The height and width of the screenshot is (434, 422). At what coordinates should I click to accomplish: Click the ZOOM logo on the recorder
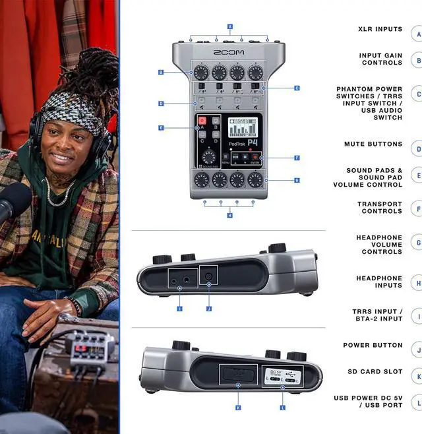228,52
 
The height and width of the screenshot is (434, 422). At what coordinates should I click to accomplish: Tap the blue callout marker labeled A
229,27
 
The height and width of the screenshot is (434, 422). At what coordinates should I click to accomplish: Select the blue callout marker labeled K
237,408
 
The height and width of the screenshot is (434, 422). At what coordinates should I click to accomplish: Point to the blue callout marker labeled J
208,307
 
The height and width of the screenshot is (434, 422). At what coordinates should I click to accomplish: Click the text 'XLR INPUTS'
380,30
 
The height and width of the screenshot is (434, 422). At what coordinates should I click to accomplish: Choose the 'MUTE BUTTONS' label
373,144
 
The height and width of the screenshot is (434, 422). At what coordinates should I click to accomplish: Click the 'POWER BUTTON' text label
373,345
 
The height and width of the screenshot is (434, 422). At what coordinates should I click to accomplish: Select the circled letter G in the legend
417,243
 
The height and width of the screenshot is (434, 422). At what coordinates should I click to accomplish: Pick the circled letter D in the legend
417,149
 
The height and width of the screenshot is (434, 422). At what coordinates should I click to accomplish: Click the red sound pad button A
202,121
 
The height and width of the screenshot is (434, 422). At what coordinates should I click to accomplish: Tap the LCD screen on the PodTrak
241,127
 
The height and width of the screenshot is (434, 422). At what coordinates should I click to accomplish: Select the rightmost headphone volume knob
255,179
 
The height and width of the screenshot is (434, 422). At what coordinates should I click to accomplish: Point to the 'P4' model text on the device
253,142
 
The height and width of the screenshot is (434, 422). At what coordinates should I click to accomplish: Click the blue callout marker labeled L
283,408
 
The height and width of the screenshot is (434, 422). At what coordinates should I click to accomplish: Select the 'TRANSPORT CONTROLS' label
379,208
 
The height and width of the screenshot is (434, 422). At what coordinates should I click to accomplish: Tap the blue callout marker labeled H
229,215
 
